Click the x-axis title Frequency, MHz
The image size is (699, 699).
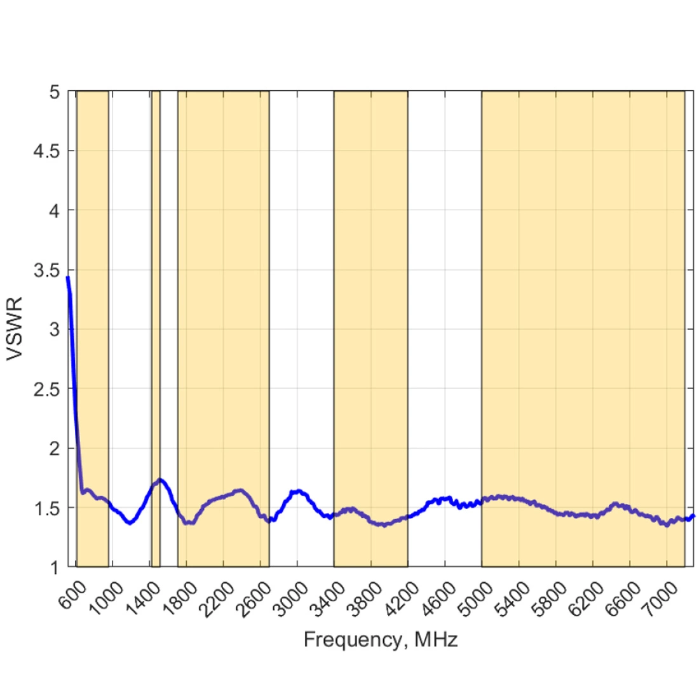coord(380,639)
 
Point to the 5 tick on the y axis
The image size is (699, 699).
coord(55,92)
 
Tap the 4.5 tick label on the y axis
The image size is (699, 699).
coord(47,151)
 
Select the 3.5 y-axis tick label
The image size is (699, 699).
coord(47,270)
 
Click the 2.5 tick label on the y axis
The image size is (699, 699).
coord(47,389)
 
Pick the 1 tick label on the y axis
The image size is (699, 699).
coord(55,567)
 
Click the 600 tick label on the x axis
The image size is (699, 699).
coord(75,595)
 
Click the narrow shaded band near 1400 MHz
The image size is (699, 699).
coord(156,318)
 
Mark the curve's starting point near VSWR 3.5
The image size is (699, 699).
coord(67,277)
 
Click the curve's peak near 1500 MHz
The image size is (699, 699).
coord(160,480)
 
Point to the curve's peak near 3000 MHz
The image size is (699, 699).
coord(297,491)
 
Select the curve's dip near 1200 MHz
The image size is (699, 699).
coord(130,523)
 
